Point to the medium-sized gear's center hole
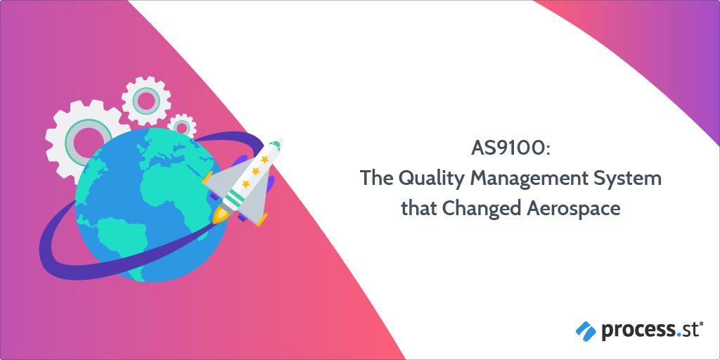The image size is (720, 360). tap(146, 99)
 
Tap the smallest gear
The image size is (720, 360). tap(181, 127)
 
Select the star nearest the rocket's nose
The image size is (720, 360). tap(265, 160)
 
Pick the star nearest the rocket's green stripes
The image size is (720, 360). tap(246, 184)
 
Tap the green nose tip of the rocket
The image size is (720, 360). tap(276, 145)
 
